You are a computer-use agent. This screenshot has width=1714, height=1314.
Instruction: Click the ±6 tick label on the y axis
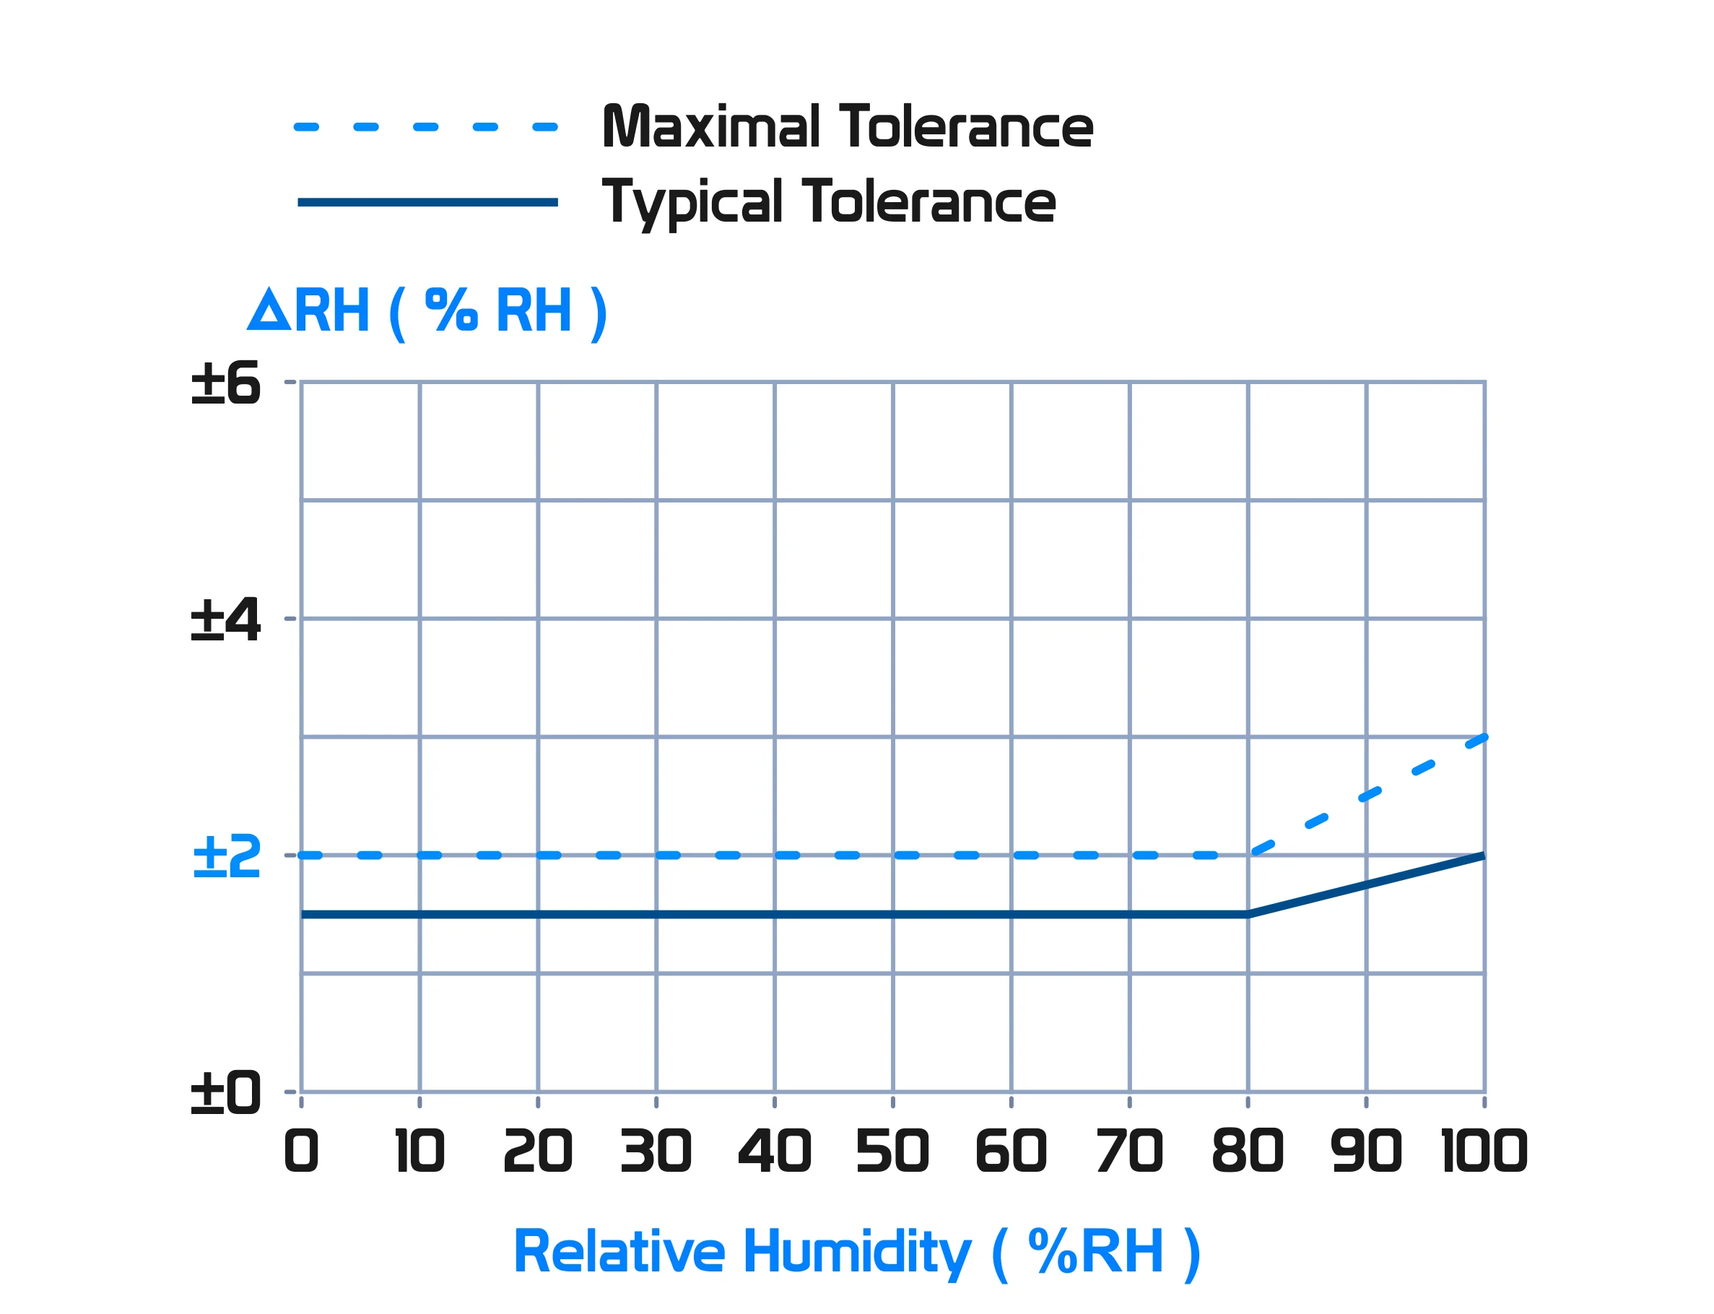click(225, 384)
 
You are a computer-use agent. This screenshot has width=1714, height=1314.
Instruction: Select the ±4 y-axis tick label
click(225, 620)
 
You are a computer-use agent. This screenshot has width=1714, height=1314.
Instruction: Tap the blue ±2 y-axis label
click(227, 856)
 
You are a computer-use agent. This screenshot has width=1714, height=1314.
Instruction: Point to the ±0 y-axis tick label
click(225, 1092)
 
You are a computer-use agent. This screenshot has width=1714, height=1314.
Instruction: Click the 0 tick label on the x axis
click(301, 1152)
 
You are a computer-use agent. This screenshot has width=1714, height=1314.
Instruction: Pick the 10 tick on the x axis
click(420, 1152)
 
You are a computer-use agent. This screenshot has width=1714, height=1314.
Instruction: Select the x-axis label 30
click(656, 1152)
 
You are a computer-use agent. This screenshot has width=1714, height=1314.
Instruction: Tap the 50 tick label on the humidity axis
click(892, 1152)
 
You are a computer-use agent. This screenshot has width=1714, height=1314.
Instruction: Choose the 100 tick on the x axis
click(1484, 1152)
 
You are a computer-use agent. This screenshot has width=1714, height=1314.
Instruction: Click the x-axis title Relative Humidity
click(856, 1252)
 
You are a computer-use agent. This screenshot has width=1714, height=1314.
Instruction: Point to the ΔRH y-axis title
click(427, 311)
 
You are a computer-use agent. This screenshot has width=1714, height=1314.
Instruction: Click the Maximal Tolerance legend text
click(847, 127)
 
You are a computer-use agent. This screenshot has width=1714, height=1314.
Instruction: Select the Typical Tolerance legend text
click(829, 203)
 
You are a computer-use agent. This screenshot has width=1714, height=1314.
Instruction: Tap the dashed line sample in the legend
click(426, 127)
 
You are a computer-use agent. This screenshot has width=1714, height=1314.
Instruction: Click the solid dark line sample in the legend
click(427, 203)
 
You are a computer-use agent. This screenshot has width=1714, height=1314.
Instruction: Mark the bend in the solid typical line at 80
click(1248, 914)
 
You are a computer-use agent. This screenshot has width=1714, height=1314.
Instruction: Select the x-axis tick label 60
click(1011, 1152)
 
